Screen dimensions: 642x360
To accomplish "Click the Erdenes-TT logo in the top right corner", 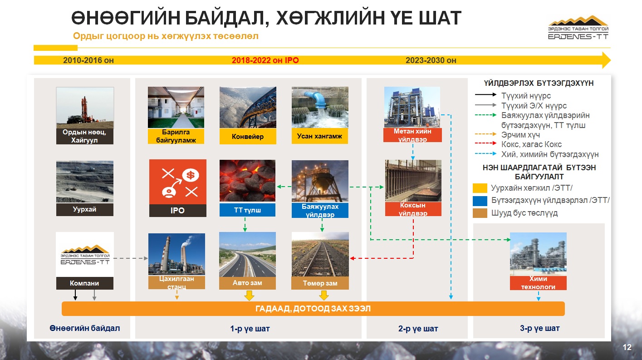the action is click(x=578, y=28).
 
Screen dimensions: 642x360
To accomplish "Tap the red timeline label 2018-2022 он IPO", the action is click(x=265, y=60).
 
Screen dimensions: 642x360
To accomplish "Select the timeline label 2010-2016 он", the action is click(x=88, y=60).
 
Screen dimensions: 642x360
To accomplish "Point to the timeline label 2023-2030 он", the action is click(x=431, y=60).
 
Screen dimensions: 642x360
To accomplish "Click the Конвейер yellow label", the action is click(x=248, y=136).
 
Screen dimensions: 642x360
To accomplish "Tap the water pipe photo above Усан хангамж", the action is click(x=320, y=107).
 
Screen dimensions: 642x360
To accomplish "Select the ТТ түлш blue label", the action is click(x=247, y=210).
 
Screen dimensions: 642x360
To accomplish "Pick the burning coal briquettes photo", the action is click(x=247, y=181).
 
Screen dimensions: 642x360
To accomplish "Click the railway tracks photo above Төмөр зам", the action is click(x=320, y=254).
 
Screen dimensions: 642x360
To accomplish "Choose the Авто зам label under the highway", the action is click(x=247, y=283).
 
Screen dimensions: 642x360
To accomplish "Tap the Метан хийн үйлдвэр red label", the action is click(x=412, y=135).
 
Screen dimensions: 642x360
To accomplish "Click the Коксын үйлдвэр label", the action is click(x=413, y=209).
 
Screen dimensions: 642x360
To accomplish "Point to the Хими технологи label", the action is click(x=538, y=283).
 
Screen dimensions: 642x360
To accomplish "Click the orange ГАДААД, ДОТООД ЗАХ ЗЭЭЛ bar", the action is click(x=313, y=309).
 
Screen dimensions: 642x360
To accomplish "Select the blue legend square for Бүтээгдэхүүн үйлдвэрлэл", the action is click(x=480, y=201).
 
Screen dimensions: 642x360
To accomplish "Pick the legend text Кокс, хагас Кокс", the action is click(x=531, y=144).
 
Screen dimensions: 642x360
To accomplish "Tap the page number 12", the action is click(x=627, y=347).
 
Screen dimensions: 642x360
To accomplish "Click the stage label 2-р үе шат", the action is click(x=418, y=328).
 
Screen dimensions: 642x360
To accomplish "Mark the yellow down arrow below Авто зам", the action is click(x=249, y=296).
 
